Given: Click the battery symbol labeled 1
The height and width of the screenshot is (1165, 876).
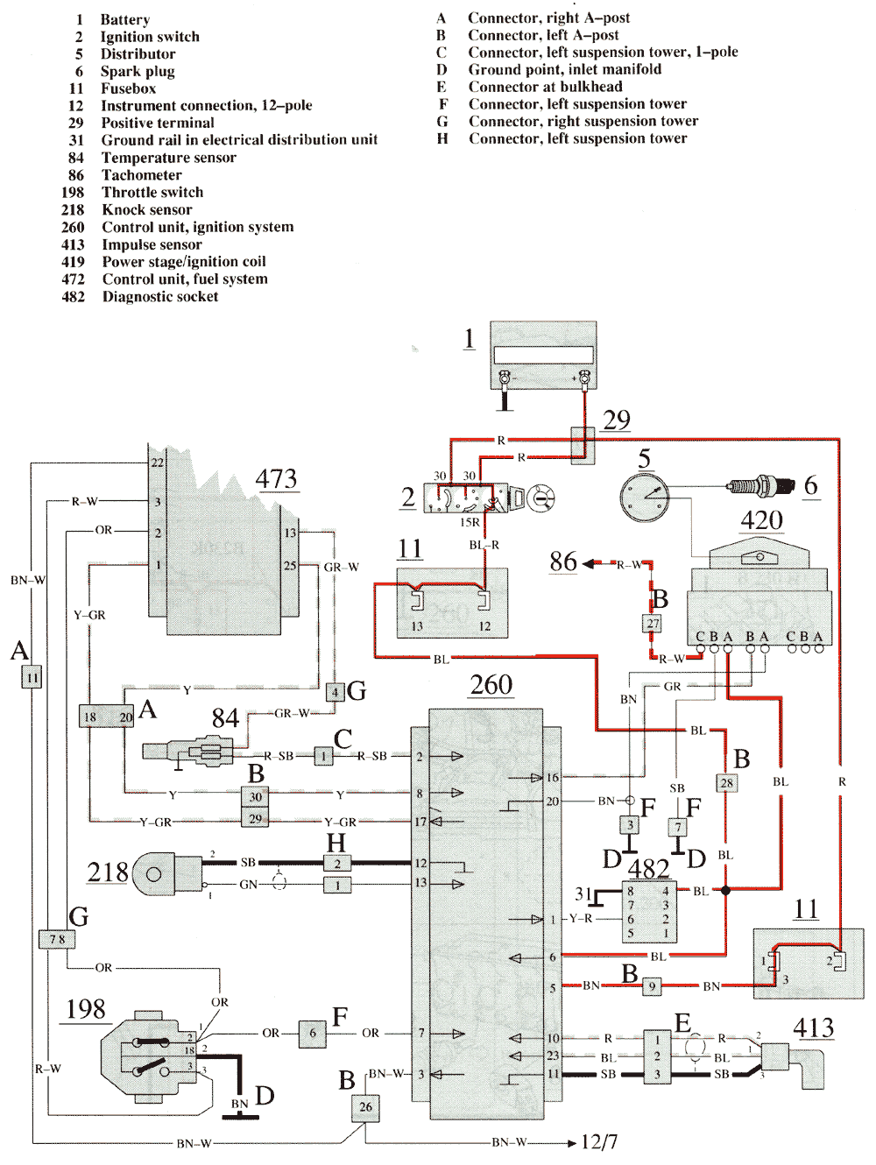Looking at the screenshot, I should click(542, 355).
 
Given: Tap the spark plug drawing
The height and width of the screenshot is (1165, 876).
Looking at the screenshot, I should click(760, 485).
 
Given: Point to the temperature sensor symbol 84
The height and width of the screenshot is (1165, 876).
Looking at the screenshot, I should click(188, 752).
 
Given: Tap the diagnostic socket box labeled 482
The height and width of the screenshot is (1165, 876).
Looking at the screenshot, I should click(648, 912).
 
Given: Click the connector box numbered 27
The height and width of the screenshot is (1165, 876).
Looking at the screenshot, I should click(653, 624).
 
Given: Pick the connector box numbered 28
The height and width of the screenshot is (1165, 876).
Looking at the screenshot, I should click(726, 783).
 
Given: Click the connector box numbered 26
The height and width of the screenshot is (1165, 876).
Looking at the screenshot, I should click(365, 1106).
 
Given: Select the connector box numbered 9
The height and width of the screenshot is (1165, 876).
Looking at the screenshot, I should click(652, 986).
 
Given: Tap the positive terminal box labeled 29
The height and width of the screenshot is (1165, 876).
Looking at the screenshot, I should click(583, 445).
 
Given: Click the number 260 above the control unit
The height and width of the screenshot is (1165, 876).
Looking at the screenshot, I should click(491, 685).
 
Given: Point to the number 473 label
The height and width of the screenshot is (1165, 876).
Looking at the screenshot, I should click(276, 479).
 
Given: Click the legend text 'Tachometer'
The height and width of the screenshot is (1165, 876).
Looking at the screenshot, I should click(141, 175).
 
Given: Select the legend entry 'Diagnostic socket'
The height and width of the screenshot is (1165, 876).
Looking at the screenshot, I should click(159, 297).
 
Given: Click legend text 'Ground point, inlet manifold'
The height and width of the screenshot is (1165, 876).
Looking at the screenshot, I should click(564, 69).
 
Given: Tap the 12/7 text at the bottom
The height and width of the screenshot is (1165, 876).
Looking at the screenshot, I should click(599, 1142).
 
